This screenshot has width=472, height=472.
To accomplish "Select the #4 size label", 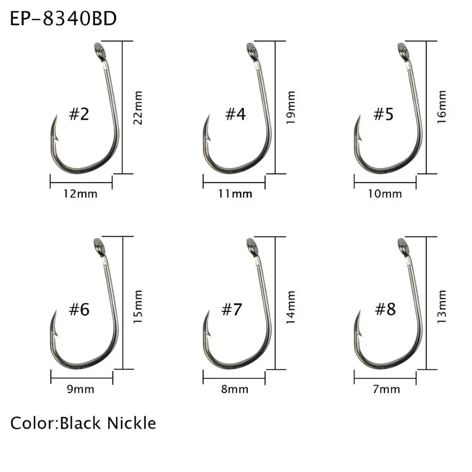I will pyautogui.click(x=235, y=114).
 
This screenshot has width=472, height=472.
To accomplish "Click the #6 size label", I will pyautogui.click(x=80, y=310).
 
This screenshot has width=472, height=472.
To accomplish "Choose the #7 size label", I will pyautogui.click(x=232, y=310).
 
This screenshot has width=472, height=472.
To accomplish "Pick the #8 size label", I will pyautogui.click(x=385, y=310).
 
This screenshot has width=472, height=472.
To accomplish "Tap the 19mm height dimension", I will pyautogui.click(x=290, y=108).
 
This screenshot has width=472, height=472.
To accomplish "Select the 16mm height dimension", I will pyautogui.click(x=442, y=107).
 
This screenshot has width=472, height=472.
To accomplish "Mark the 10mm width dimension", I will pyautogui.click(x=385, y=194).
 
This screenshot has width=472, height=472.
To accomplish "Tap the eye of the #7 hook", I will pyautogui.click(x=252, y=246).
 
